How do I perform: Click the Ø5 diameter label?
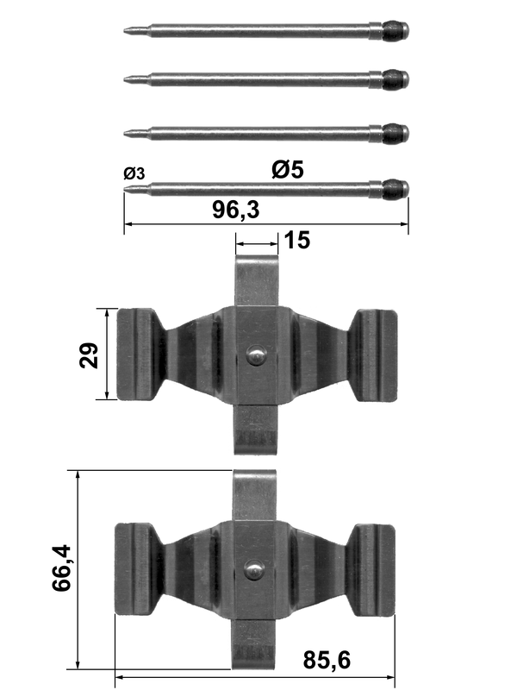point(288,169)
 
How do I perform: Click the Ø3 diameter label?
point(134,173)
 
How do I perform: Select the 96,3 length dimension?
point(236,210)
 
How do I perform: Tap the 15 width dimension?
point(297,241)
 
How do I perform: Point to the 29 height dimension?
point(89,354)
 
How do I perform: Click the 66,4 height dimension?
point(61,568)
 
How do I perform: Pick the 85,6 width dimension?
point(327,660)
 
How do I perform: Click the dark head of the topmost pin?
point(396,31)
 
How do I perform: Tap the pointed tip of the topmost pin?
point(125,31)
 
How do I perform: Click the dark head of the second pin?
point(396,79)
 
